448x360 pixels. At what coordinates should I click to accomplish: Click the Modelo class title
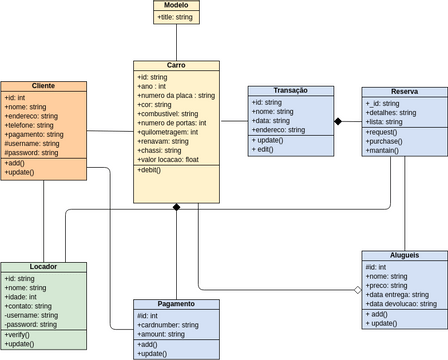[x=175, y=6]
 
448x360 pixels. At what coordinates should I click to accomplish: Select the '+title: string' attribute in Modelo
[x=175, y=17]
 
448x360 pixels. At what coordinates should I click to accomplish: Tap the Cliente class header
[x=43, y=86]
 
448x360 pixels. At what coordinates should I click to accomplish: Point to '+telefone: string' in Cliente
[x=32, y=125]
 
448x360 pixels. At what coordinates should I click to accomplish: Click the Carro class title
[x=176, y=65]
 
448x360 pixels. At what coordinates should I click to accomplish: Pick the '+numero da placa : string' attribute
[x=176, y=96]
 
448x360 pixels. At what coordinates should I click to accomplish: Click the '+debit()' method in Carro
[x=150, y=171]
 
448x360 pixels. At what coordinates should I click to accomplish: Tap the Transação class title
[x=290, y=91]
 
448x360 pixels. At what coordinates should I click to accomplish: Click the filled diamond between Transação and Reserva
[x=339, y=121]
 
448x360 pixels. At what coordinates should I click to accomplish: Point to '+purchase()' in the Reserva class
[x=385, y=141]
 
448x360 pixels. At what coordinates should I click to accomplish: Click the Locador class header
[x=43, y=268]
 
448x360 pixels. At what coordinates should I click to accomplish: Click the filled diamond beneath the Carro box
[x=176, y=207]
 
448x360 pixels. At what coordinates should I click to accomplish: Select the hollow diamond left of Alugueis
[x=356, y=290]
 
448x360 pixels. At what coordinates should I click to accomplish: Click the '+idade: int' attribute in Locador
[x=21, y=297]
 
